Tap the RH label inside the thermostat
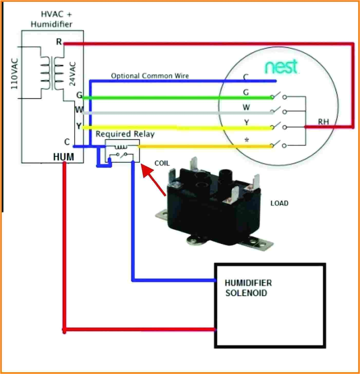point(323,122)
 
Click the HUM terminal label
point(63,157)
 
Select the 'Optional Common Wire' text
point(150,76)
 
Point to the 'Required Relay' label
point(125,134)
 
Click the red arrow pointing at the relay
point(154,180)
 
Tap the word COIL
point(162,163)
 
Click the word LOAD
point(279,203)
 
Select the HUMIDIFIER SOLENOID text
point(248,288)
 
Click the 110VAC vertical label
point(14,74)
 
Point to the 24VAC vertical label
point(73,74)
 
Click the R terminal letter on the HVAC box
point(59,42)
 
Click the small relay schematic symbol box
point(122,151)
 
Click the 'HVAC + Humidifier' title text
point(51,19)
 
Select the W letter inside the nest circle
point(246,107)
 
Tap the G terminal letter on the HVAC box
point(79,95)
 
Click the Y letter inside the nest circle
point(246,122)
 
